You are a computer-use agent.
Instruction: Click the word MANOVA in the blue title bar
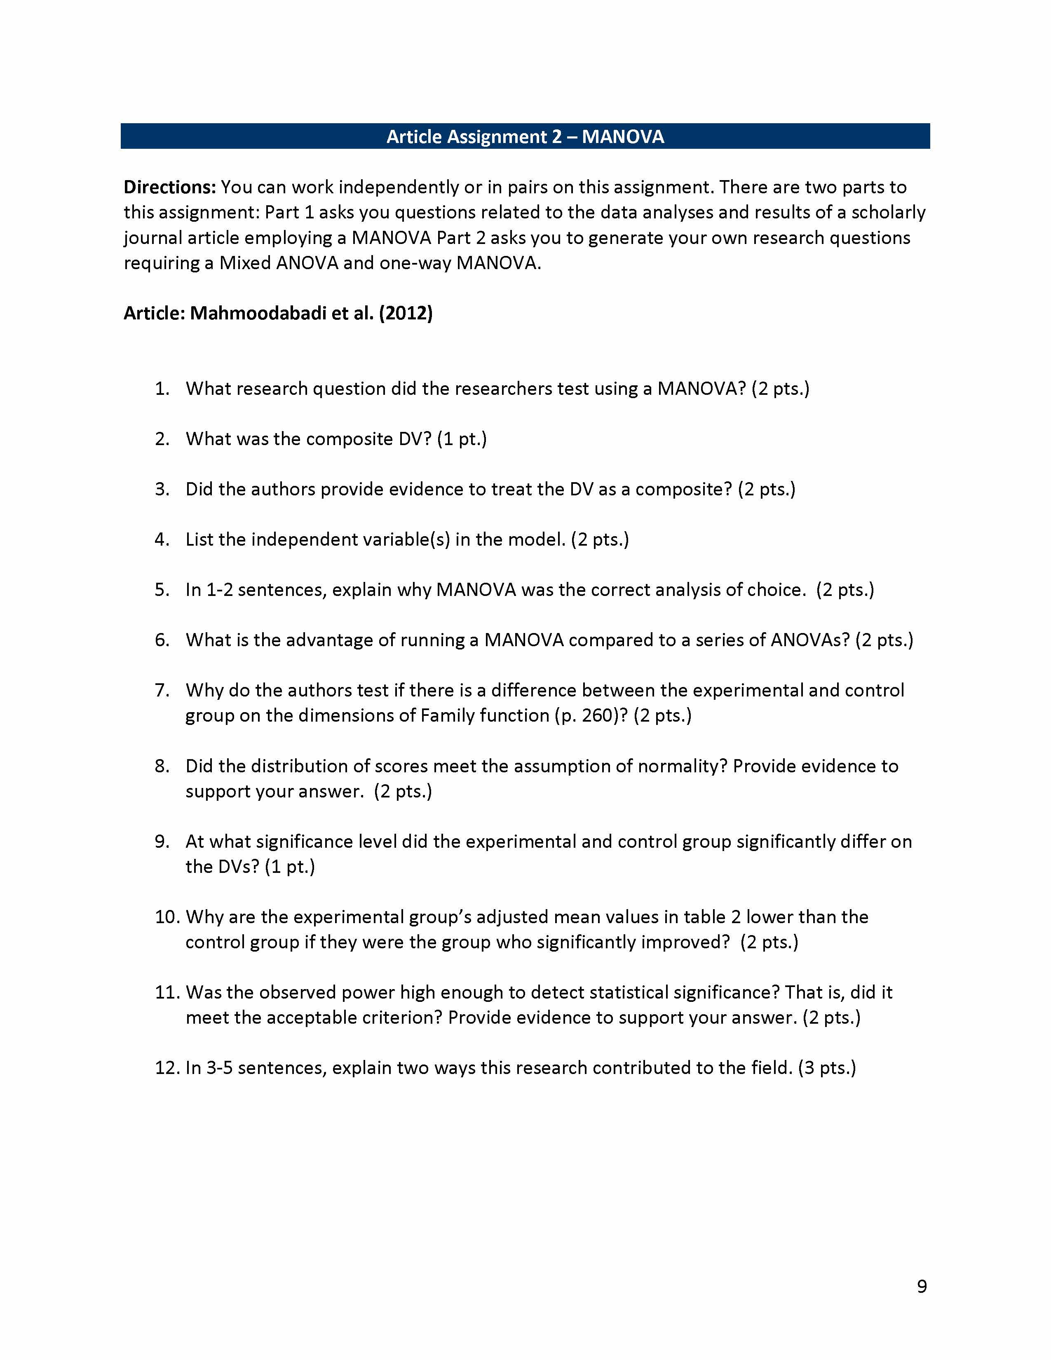pyautogui.click(x=623, y=137)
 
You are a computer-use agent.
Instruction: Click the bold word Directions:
pyautogui.click(x=169, y=187)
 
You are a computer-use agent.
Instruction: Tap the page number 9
pyautogui.click(x=922, y=1286)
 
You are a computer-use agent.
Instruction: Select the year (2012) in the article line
pyautogui.click(x=405, y=313)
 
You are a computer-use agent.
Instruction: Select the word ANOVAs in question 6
pyautogui.click(x=809, y=640)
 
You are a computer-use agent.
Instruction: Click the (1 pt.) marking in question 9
pyautogui.click(x=289, y=867)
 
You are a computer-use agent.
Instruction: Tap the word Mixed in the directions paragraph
pyautogui.click(x=245, y=263)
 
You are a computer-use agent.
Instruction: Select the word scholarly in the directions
pyautogui.click(x=889, y=212)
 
